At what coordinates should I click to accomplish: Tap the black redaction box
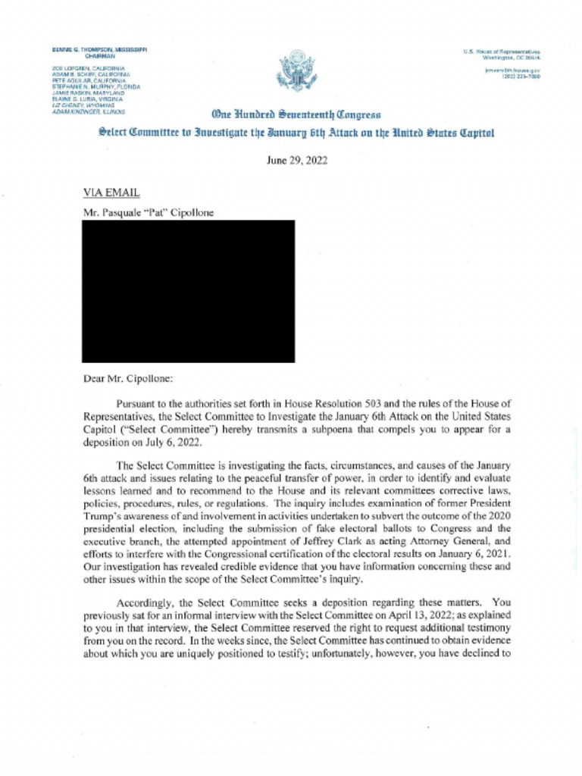188,291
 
